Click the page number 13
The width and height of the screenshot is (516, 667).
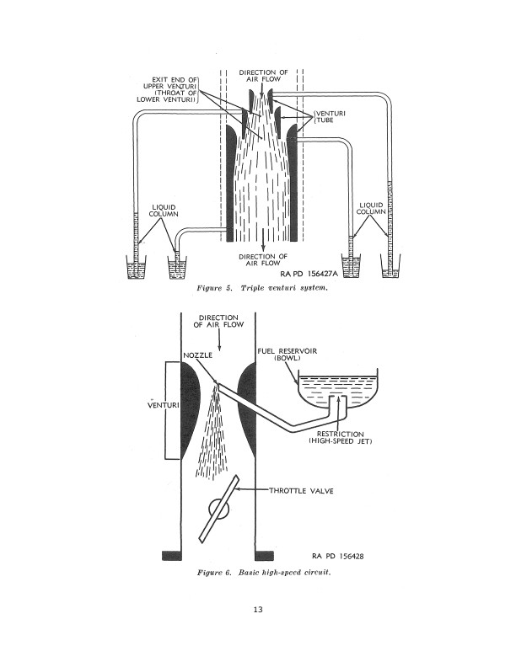(258, 610)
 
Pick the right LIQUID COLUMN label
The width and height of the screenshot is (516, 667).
(373, 208)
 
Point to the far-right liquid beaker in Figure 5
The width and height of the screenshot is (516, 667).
(390, 269)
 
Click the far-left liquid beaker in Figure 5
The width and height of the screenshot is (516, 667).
(135, 269)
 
